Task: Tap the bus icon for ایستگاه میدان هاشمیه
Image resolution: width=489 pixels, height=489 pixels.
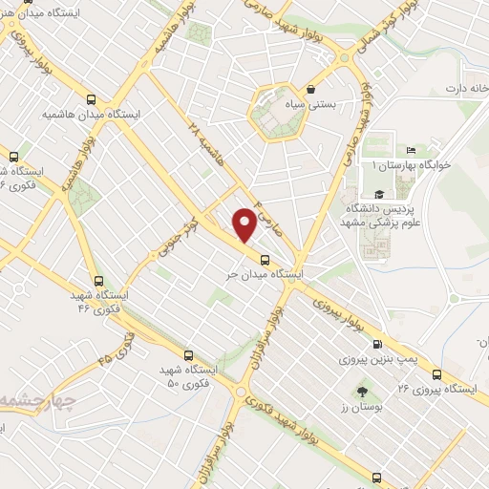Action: [x=91, y=98]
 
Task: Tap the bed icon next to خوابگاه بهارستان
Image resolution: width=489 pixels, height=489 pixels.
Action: [x=412, y=149]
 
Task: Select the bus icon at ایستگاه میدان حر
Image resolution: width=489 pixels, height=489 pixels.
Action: [x=264, y=258]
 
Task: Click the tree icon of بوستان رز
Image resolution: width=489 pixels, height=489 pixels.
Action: [x=363, y=392]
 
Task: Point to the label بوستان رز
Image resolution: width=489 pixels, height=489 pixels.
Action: [x=361, y=409]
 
